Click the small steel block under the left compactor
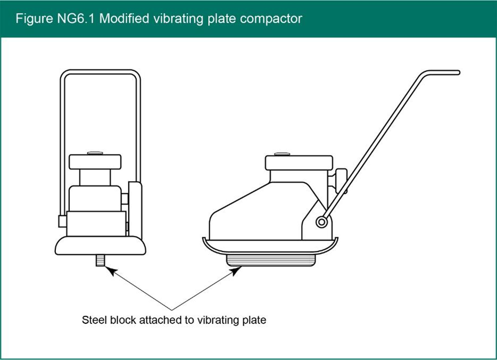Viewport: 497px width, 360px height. [100, 261]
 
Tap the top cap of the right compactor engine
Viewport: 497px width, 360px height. [299, 162]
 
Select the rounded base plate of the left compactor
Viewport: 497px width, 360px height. [100, 246]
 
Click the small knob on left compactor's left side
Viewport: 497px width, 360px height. [62, 220]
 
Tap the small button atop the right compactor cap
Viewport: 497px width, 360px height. [282, 154]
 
